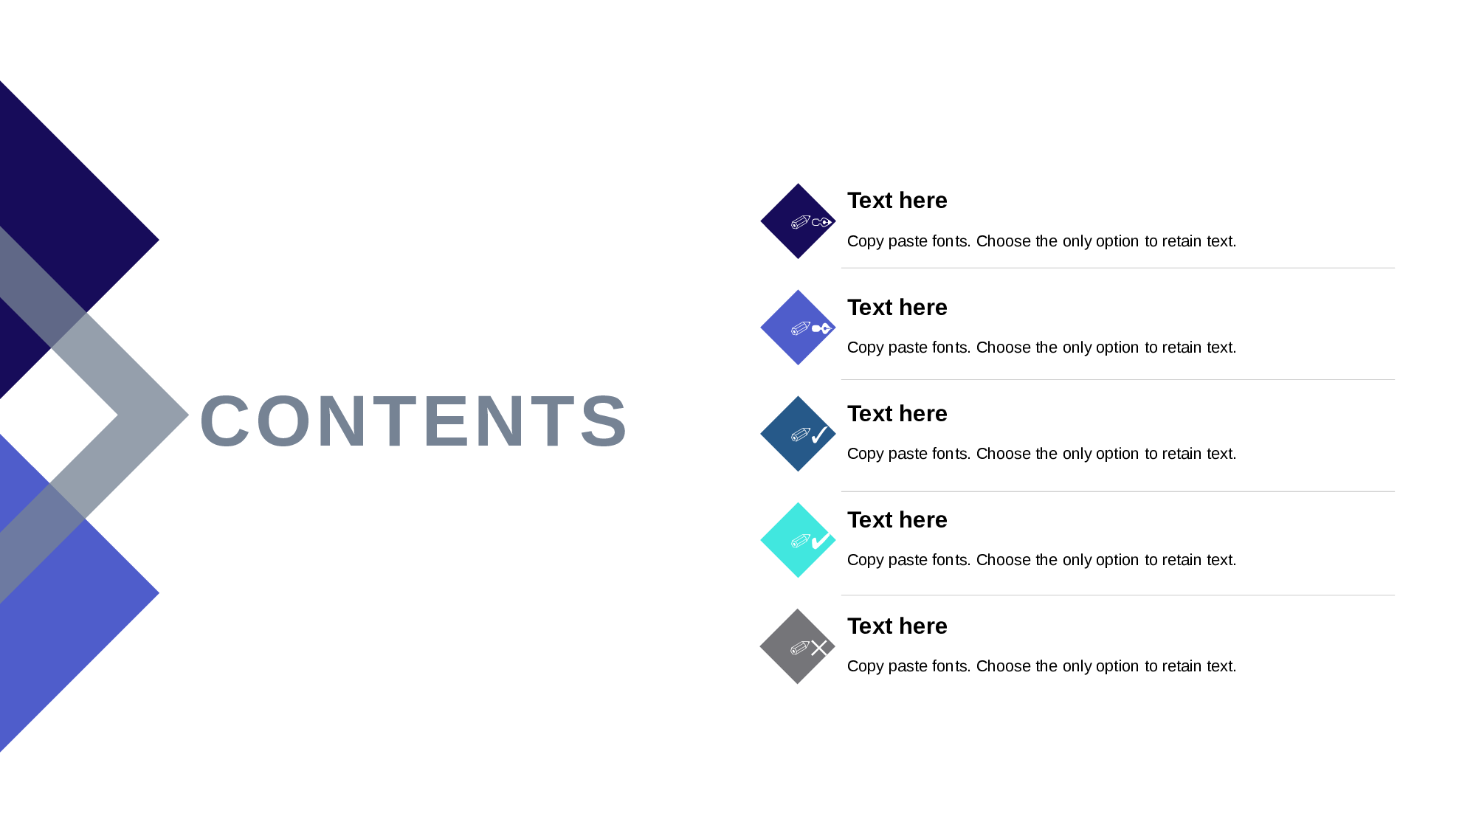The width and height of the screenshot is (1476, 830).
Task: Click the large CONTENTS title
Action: pos(413,421)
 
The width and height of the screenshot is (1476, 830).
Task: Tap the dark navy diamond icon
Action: pos(798,221)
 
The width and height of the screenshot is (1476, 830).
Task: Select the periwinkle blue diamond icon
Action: pos(798,328)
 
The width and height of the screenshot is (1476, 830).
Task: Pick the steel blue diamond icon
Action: pos(798,434)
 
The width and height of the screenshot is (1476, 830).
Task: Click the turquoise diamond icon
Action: pos(798,540)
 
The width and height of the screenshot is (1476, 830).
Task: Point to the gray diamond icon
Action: pos(798,646)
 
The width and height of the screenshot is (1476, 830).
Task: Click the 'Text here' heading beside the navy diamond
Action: pos(897,201)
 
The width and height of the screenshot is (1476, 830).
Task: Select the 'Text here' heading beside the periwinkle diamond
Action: pos(897,307)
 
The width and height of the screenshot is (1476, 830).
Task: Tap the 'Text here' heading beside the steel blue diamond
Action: pos(897,413)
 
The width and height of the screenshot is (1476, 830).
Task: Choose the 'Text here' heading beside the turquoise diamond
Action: pos(897,519)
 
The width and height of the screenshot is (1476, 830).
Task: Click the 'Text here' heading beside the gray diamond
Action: pos(897,626)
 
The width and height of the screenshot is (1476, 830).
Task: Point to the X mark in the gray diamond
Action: pos(819,648)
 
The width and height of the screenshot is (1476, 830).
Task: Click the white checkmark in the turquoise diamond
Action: pos(820,542)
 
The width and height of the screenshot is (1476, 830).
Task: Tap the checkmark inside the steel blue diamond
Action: pos(819,435)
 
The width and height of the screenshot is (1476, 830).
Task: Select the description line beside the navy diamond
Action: pos(1041,241)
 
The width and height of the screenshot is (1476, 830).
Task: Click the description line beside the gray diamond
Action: pos(1041,666)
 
